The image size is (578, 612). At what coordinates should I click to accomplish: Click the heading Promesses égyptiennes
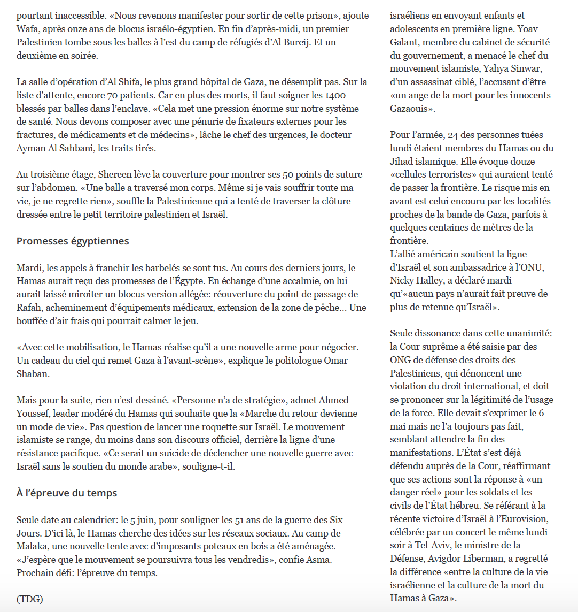click(x=73, y=241)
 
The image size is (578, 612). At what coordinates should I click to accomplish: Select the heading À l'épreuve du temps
click(x=67, y=493)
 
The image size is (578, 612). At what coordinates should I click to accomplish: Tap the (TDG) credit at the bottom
click(x=29, y=599)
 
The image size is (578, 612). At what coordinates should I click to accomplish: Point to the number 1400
click(x=334, y=96)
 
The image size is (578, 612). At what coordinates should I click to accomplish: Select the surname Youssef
click(x=33, y=414)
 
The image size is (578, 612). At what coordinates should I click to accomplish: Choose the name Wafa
click(x=28, y=29)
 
